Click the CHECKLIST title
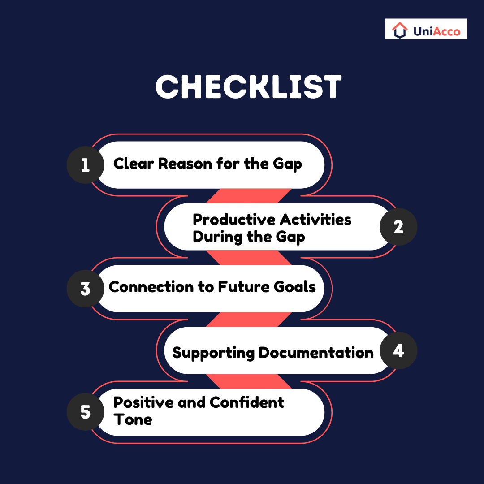[x=248, y=87]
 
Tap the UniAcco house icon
[x=399, y=30]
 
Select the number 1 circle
[x=85, y=165]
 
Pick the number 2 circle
[x=398, y=227]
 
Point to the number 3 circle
[x=85, y=289]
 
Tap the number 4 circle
[x=398, y=350]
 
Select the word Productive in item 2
[x=233, y=220]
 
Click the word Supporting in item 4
[x=213, y=353]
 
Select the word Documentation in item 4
[x=316, y=353]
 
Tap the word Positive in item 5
[x=143, y=402]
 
